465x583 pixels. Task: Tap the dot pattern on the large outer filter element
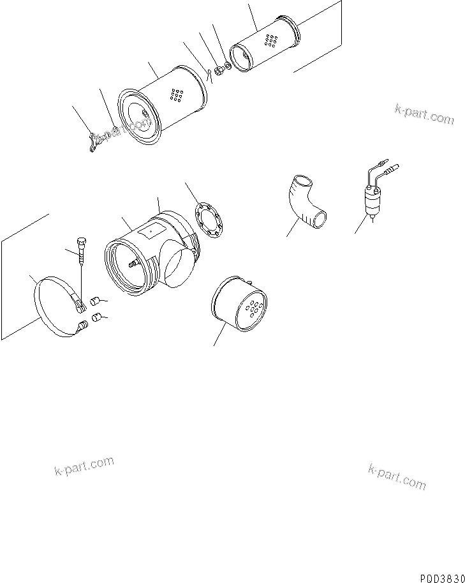[173, 95]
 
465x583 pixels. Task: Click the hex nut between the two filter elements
[216, 70]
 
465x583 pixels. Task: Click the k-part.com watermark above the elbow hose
[424, 114]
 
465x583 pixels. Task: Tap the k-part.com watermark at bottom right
[397, 476]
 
